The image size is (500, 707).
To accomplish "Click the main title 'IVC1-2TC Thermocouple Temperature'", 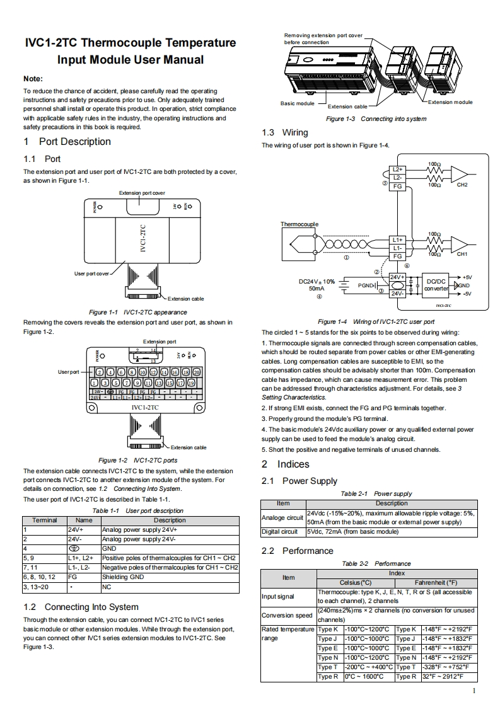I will click(x=130, y=43).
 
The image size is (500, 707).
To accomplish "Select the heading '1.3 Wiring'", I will click(x=285, y=132).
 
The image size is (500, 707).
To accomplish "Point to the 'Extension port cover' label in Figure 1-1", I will click(x=142, y=192).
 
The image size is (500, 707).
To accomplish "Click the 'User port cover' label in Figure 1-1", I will click(x=91, y=273).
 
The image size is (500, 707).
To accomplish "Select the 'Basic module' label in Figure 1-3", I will click(x=297, y=103).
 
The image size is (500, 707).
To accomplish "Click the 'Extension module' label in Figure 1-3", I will click(x=450, y=102).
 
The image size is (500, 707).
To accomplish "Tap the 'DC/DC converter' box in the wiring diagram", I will click(x=436, y=285).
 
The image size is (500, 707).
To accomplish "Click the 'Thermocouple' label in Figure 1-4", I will click(x=299, y=224).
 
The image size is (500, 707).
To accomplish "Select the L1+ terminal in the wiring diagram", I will click(x=397, y=240).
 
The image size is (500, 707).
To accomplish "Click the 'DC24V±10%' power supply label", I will click(x=317, y=281).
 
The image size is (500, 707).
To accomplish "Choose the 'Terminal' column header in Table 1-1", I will click(x=44, y=520).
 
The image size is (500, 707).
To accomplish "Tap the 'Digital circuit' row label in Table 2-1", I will click(x=279, y=531).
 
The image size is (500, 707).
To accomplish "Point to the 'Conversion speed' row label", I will click(x=287, y=615).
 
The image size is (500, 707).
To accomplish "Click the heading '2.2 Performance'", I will click(x=297, y=551).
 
